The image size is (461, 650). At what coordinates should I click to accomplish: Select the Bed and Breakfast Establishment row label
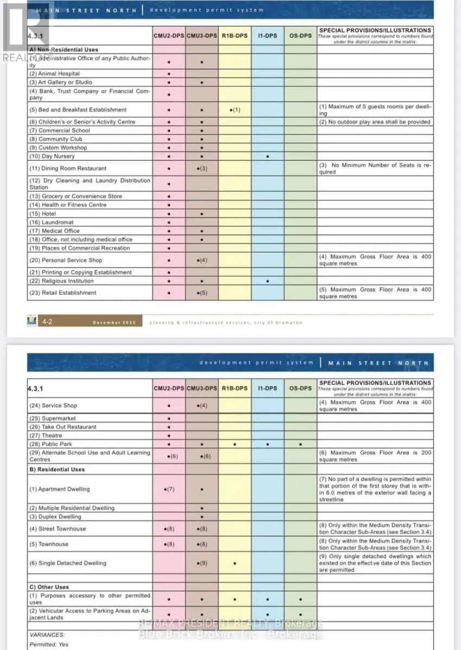coord(78,110)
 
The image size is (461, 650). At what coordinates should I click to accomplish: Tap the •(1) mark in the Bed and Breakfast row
coord(234,110)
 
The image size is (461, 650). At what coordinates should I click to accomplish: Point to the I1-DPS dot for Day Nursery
coord(267,156)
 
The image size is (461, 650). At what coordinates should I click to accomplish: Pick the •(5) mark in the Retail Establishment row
coord(202,293)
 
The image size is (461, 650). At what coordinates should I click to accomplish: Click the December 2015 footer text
coord(113,322)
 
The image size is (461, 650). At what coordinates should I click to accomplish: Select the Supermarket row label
coord(53,418)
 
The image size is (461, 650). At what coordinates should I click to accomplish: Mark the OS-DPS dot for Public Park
coord(300,444)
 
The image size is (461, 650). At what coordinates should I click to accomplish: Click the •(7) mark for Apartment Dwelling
coord(169,489)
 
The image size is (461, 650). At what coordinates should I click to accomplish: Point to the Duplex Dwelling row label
coord(55,517)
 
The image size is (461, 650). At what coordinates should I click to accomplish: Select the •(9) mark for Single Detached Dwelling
coord(202,563)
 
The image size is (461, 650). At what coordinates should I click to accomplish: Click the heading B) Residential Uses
coord(57,470)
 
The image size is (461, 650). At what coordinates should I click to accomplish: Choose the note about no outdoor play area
coord(374,122)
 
